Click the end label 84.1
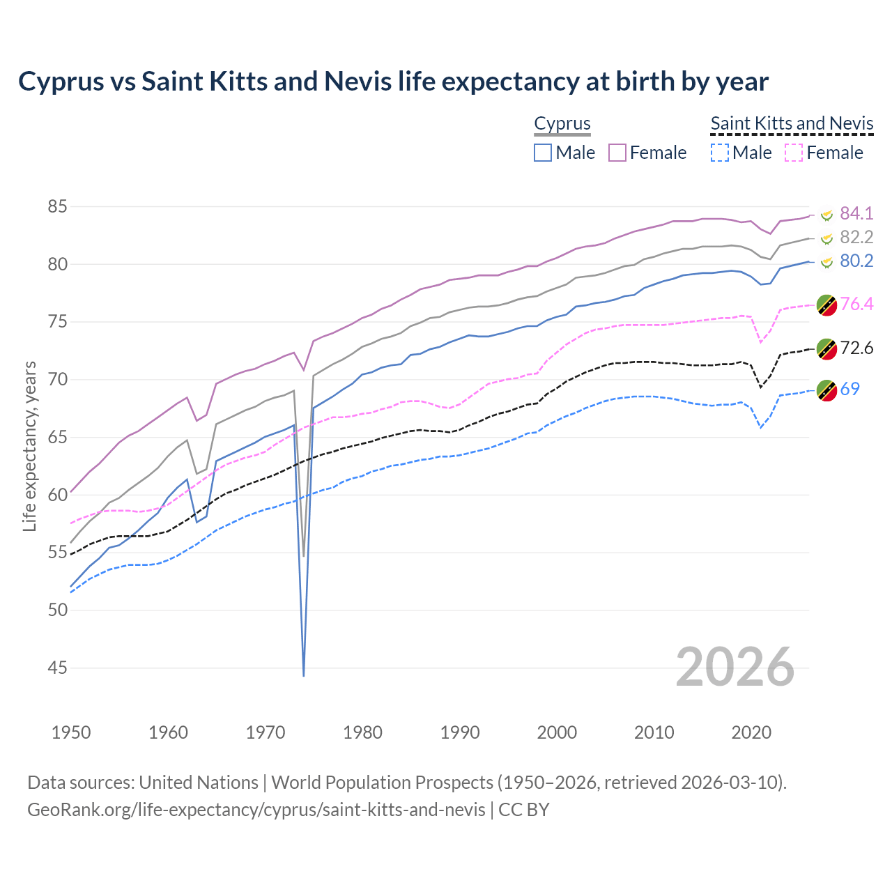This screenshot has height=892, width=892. [856, 213]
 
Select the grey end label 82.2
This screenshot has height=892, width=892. [856, 237]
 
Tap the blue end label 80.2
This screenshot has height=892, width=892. [856, 261]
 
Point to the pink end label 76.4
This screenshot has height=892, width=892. [856, 304]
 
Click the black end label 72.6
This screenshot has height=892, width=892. [856, 348]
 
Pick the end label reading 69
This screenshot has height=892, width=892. [849, 389]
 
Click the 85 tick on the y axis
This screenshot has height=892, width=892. [57, 206]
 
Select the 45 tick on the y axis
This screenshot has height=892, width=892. [57, 668]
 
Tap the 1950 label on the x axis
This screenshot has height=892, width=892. [71, 732]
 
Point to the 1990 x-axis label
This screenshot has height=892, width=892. [460, 732]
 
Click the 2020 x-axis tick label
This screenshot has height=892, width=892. [751, 732]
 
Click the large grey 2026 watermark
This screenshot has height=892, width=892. [735, 667]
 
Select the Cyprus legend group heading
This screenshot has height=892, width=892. [562, 123]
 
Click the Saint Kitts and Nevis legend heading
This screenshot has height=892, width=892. [792, 123]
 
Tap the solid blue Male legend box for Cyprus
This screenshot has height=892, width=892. [543, 153]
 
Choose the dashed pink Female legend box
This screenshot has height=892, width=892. [794, 153]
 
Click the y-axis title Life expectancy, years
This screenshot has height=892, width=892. [29, 446]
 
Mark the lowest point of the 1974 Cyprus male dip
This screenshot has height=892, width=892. [304, 675]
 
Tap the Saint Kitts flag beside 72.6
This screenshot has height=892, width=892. [826, 348]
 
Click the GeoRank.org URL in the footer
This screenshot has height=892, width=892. [256, 809]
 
